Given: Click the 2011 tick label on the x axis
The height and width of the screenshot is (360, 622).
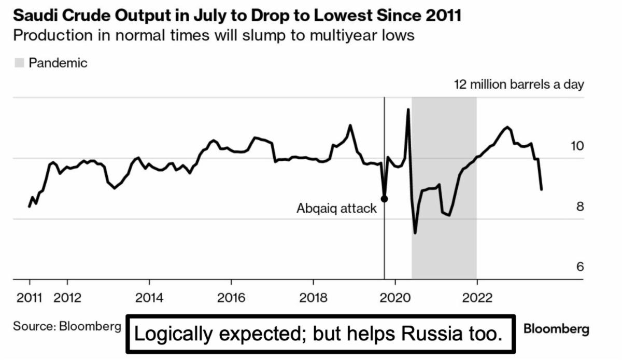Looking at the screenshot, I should tap(29, 298).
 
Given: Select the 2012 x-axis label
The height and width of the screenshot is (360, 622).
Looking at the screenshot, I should tap(67, 298).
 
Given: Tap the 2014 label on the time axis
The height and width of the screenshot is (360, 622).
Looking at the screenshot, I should tap(149, 298).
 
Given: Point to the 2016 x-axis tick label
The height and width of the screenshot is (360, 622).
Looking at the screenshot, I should tap(231, 298).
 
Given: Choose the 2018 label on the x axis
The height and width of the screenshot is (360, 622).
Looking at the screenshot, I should tap(313, 298).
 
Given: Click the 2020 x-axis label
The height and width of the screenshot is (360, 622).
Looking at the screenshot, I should tap(395, 298).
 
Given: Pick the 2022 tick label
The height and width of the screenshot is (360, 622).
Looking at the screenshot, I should tap(477, 298).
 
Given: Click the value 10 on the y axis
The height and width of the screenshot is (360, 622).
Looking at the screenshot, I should tap(577, 146).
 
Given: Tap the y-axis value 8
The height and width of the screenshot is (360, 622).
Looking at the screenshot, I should tap(580, 206).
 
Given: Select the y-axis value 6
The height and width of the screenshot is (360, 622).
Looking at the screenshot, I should tap(580, 267).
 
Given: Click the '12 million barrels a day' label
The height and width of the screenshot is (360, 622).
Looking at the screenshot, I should tap(519, 85).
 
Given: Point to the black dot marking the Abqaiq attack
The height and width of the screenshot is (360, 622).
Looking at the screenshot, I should tap(384, 199).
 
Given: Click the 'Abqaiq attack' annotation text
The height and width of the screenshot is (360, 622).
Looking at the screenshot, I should tap(336, 209).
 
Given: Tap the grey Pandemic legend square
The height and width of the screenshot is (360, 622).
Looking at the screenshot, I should tap(20, 63).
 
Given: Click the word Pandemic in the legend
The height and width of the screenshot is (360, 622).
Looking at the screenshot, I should tap(58, 63).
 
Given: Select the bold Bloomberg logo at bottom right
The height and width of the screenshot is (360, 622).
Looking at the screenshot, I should tap(557, 329).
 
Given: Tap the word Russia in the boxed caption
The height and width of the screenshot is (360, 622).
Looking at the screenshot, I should tap(432, 334).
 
